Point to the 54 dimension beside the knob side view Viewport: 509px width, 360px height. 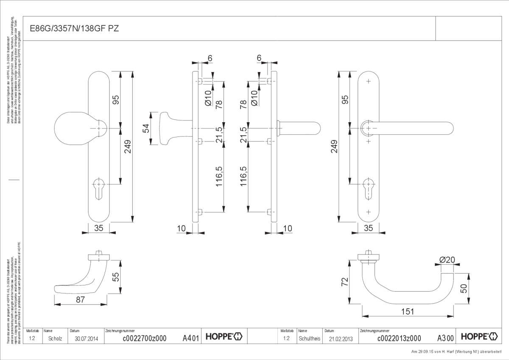tap(145, 128)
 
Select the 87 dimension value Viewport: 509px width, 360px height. tap(80, 300)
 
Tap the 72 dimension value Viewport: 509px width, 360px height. tap(345, 282)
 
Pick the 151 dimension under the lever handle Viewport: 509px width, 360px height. tap(407, 311)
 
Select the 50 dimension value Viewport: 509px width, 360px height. tap(464, 289)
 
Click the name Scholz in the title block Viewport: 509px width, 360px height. tap(55, 338)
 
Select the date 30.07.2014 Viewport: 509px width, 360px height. tap(86, 338)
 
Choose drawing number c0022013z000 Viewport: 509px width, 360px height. tap(399, 338)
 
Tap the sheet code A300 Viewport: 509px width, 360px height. tap(445, 338)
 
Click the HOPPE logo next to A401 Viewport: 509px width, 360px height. tap(224, 337)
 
